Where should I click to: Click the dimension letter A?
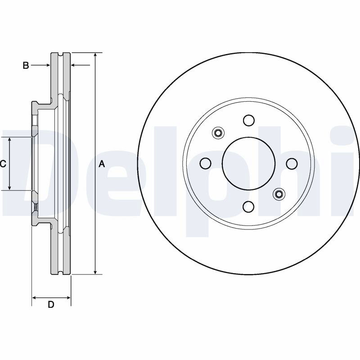point(102,164)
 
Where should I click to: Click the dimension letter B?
point(26,65)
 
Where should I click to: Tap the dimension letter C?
point(3,164)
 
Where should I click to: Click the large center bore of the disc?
point(249,163)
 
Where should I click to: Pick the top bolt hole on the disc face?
point(249,120)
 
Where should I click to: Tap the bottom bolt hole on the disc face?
point(249,207)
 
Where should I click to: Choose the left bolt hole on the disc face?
point(206,163)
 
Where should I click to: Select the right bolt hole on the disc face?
point(292,163)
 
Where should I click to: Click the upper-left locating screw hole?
point(218,133)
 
